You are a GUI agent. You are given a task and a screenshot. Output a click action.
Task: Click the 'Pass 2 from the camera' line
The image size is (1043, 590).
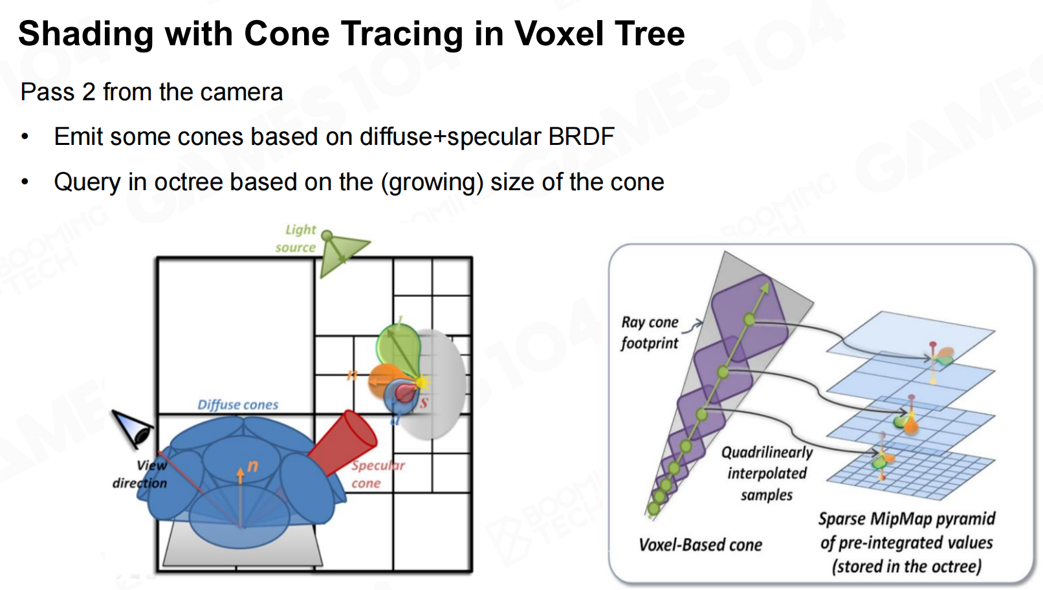[152, 92]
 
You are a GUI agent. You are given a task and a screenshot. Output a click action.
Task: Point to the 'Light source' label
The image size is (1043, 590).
[296, 238]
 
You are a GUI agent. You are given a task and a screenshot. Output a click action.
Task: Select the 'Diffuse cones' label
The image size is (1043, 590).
[238, 404]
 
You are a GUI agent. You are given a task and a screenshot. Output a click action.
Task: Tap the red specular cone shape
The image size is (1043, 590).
[343, 443]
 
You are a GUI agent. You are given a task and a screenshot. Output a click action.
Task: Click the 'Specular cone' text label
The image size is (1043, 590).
[378, 474]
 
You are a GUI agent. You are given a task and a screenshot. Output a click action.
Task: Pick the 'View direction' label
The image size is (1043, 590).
[140, 474]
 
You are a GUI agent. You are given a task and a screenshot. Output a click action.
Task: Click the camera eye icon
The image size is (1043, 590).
[132, 429]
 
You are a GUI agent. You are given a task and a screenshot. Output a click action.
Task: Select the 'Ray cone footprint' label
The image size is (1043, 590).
[650, 333]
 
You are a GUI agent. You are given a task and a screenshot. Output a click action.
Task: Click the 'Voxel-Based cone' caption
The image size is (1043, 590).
[700, 544]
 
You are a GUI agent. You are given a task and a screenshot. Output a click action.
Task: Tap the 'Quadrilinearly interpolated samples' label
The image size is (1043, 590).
[767, 473]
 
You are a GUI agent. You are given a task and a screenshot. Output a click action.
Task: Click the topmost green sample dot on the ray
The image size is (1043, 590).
[750, 320]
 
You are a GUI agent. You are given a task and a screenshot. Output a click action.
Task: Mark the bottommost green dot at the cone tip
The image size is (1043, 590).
[653, 509]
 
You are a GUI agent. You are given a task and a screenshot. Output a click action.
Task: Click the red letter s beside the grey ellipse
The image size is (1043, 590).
[424, 403]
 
